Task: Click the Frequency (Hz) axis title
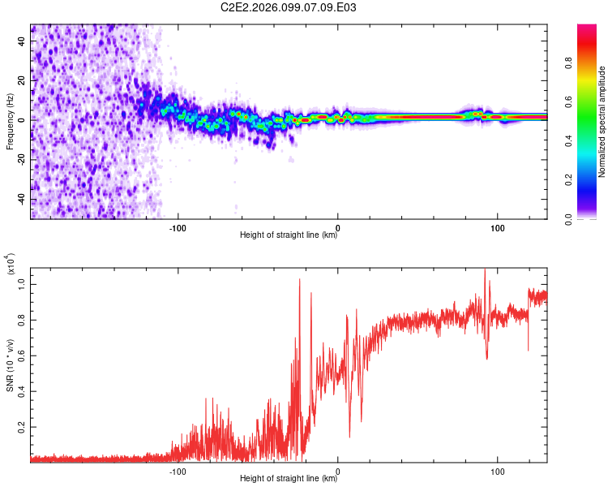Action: pyautogui.click(x=10, y=122)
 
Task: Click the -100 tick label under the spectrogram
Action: pyautogui.click(x=178, y=226)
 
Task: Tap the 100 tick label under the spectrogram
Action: pyautogui.click(x=497, y=226)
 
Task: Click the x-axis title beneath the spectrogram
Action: pyautogui.click(x=289, y=235)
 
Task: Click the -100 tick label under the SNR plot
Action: pyautogui.click(x=178, y=470)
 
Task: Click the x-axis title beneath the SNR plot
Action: pyautogui.click(x=289, y=479)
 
